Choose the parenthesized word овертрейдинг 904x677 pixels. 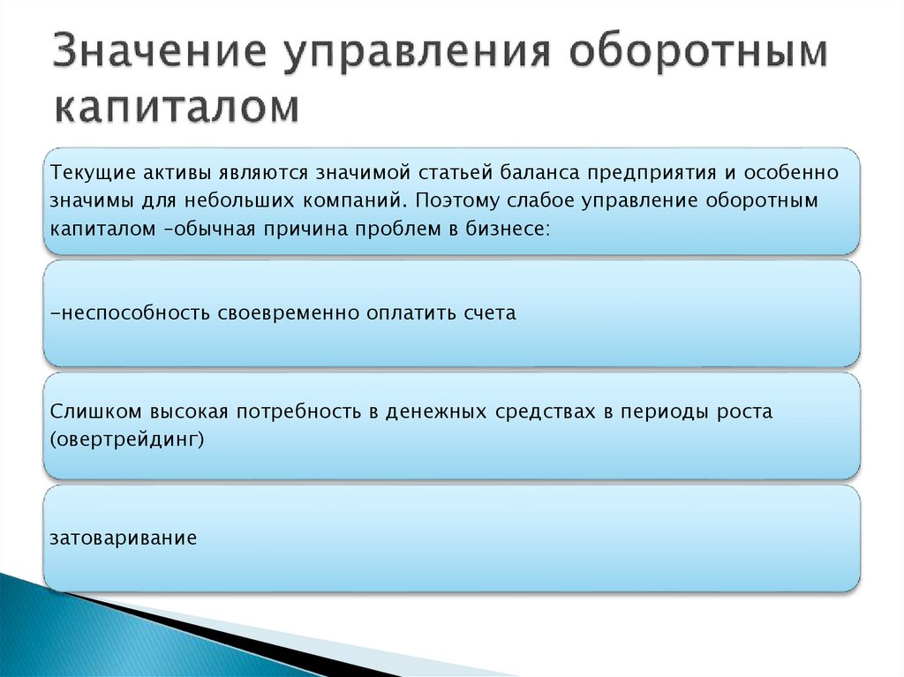click(127, 440)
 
